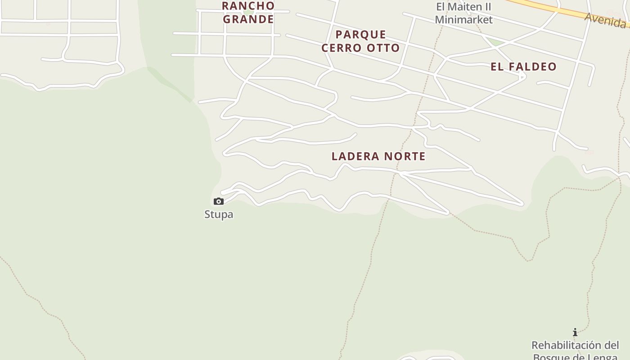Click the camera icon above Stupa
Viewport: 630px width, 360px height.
point(219,201)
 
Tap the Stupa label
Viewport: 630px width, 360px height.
point(219,214)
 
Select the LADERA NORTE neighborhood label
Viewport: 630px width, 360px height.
point(378,156)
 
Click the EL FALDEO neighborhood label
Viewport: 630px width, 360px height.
point(523,67)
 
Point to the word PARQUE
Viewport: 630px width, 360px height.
point(361,35)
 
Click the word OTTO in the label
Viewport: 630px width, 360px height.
point(383,48)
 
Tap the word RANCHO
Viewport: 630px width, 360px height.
point(248,6)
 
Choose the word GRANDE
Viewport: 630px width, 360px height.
point(248,19)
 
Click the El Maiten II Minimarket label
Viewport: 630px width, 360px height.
point(463,13)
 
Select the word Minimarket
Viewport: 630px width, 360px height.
point(463,19)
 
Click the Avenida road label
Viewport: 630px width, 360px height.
point(606,20)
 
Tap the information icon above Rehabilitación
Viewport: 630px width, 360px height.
point(575,333)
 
